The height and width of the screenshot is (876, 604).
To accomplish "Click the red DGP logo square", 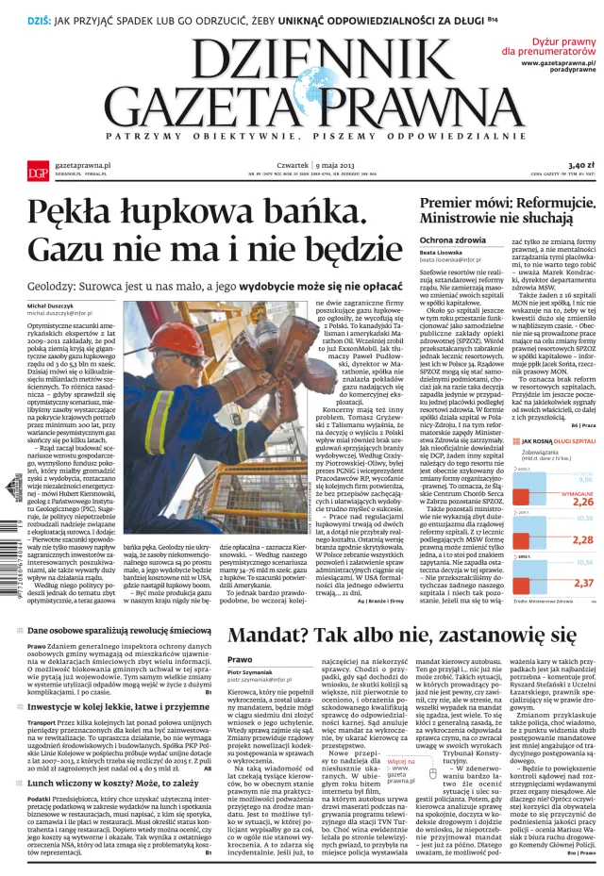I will [37, 169].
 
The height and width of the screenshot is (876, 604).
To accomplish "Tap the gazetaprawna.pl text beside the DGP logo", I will [83, 163].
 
